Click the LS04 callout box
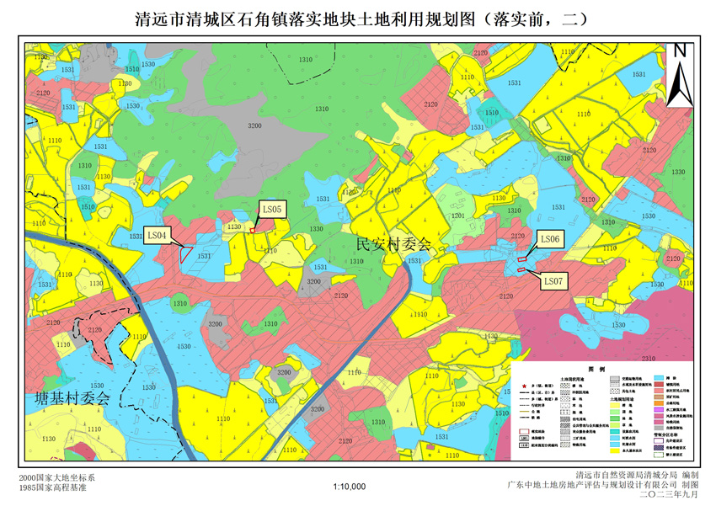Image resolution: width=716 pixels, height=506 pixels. click(x=159, y=235)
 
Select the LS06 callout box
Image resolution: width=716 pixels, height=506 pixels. click(x=549, y=240)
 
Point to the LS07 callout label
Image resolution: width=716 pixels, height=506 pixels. click(x=553, y=280)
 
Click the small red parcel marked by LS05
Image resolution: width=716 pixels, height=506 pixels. click(x=252, y=230)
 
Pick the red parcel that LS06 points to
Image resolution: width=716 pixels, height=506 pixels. click(x=522, y=258)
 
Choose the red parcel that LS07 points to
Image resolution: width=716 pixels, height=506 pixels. click(x=522, y=269)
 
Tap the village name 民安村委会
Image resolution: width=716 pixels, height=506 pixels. click(x=393, y=246)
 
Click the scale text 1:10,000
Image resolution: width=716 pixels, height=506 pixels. click(x=350, y=486)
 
